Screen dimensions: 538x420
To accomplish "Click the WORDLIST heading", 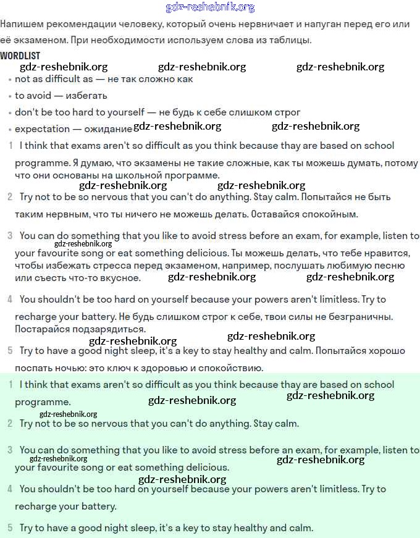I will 20,56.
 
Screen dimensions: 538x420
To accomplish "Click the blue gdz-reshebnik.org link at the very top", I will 210,7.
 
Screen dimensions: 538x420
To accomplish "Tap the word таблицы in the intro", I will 290,40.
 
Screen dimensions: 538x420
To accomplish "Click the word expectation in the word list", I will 42,129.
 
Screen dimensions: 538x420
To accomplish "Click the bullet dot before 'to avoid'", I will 10,96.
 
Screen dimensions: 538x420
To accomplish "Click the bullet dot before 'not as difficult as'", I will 10,80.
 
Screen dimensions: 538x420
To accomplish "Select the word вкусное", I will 122,278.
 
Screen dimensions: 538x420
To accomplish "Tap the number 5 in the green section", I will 10,528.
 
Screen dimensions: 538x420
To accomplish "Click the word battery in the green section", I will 96,506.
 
